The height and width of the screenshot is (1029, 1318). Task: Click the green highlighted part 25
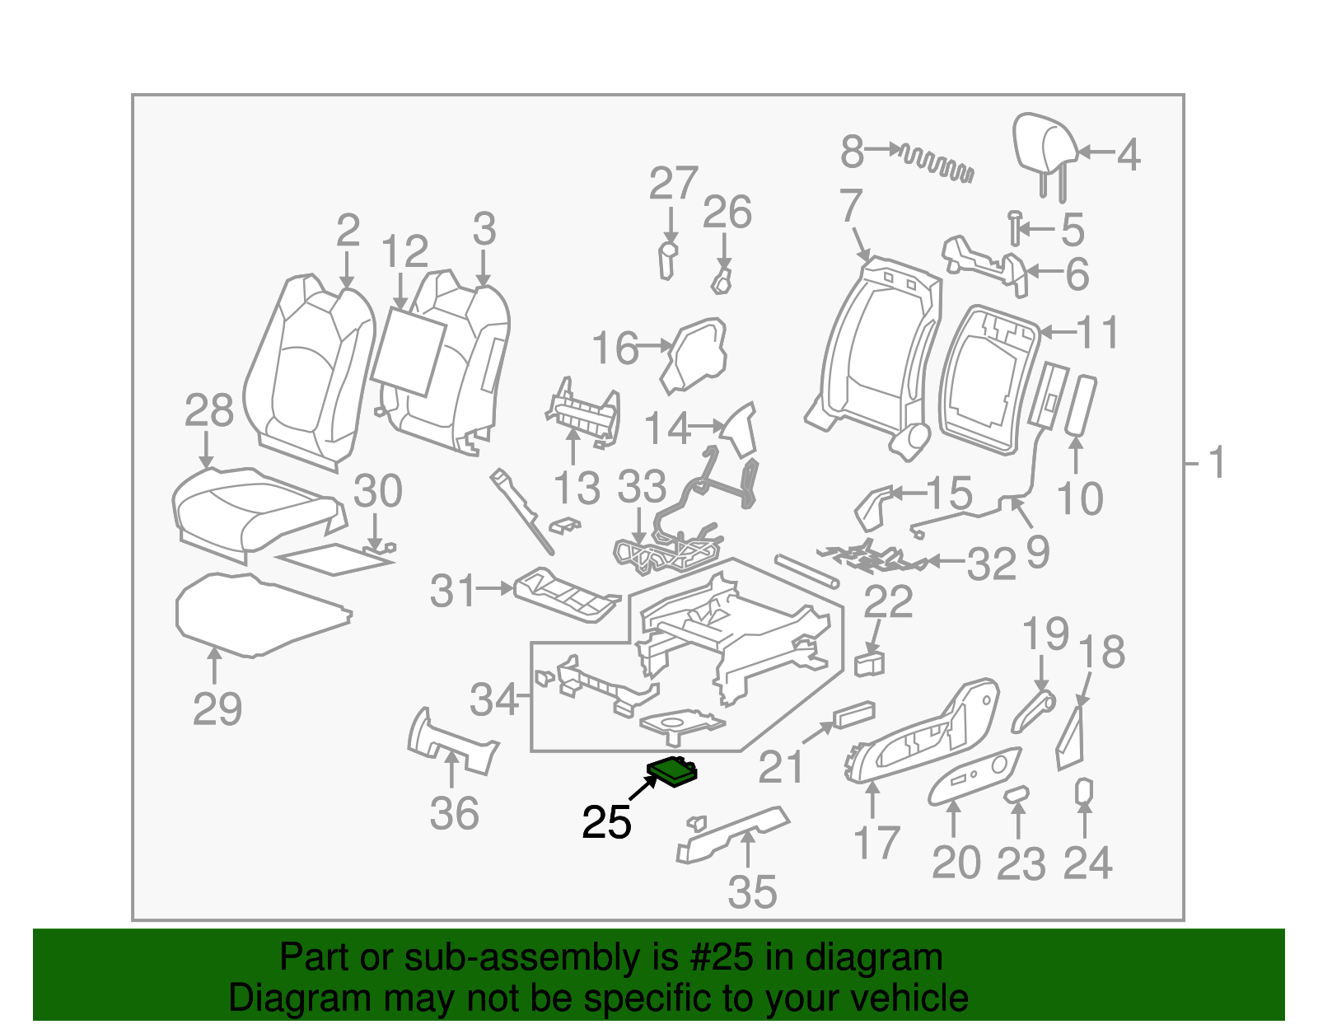671,772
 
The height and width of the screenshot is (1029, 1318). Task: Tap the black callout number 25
606,822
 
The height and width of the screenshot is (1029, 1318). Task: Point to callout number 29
217,709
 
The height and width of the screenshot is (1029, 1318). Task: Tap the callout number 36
454,814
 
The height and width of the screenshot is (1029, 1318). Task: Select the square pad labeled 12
409,351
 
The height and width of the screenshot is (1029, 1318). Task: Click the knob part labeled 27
668,260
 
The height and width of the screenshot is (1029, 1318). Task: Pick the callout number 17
876,843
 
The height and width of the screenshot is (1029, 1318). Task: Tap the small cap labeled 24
1084,791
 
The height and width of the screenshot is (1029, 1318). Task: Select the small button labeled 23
1017,793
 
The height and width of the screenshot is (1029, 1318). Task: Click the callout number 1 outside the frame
1218,463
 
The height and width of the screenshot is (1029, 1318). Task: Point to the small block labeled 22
870,663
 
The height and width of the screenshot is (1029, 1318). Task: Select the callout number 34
494,699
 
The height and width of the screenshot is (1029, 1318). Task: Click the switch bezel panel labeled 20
974,775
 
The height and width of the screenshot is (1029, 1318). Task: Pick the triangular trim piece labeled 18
1071,735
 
